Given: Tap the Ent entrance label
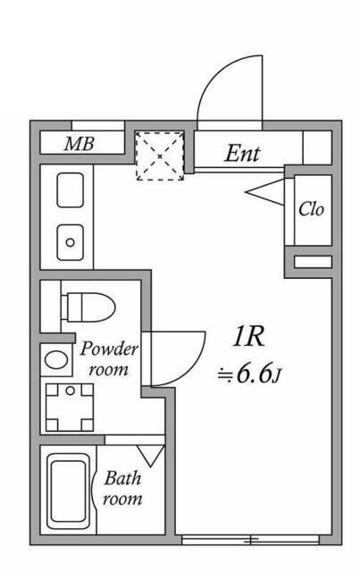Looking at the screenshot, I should [241, 153].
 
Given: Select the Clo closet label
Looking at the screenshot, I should [310, 210].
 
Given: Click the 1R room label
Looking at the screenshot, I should [247, 337].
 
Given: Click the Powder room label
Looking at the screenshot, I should [109, 358].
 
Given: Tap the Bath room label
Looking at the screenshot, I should [122, 488].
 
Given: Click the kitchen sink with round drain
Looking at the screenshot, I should [70, 242].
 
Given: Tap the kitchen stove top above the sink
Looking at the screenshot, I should [70, 190].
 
